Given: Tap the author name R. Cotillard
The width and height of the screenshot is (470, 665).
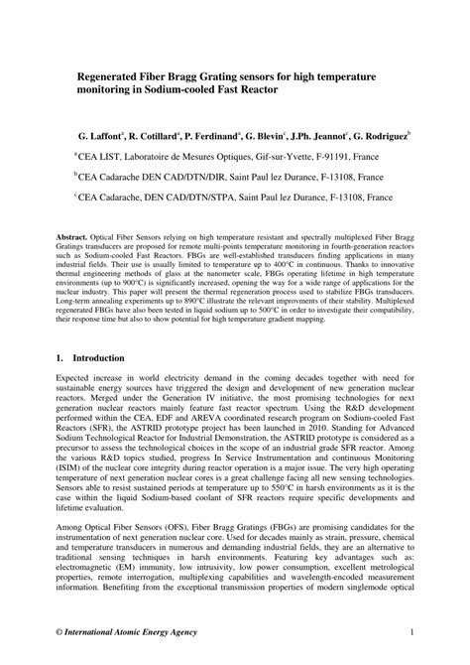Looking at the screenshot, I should tap(163, 132).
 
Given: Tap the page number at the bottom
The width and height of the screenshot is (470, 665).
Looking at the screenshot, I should tap(410, 632).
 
